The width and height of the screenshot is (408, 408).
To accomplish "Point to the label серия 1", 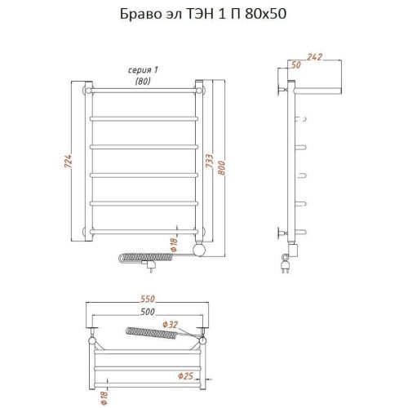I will pyautogui.click(x=144, y=70).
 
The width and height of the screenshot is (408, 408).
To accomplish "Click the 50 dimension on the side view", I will pyautogui.click(x=295, y=64).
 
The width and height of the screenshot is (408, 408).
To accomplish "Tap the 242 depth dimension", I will pyautogui.click(x=314, y=58).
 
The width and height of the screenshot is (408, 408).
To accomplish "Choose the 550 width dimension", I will pyautogui.click(x=147, y=299).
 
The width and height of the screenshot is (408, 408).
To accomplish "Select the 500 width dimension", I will pyautogui.click(x=147, y=311).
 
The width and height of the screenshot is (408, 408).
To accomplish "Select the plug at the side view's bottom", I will pyautogui.click(x=287, y=264).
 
